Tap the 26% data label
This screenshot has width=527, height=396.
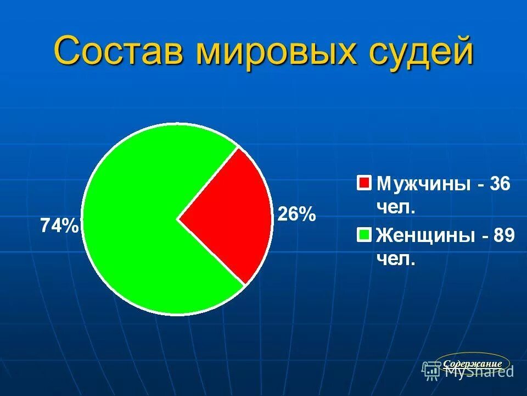pyautogui.click(x=297, y=214)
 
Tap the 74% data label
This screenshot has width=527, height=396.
pyautogui.click(x=59, y=226)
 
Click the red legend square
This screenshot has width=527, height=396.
pyautogui.click(x=364, y=183)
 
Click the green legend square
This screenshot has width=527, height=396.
pyautogui.click(x=364, y=235)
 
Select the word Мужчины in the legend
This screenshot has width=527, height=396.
pyautogui.click(x=423, y=184)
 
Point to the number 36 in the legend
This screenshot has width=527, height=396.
pyautogui.click(x=499, y=184)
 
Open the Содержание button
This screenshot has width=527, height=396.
pyautogui.click(x=472, y=364)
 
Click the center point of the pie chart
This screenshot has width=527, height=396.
pyautogui.click(x=177, y=219)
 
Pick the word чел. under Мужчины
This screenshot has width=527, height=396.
pyautogui.click(x=395, y=208)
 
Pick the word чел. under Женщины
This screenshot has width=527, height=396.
pyautogui.click(x=395, y=259)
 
